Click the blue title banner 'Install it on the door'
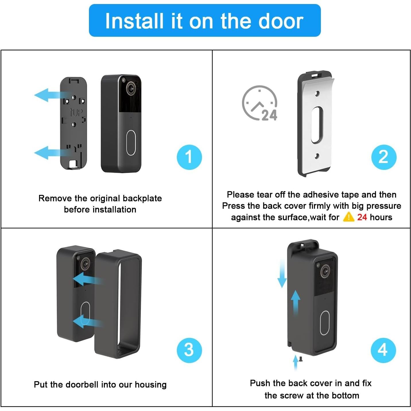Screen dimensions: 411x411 pyautogui.click(x=205, y=21)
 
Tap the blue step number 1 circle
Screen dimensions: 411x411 pyautogui.click(x=189, y=157)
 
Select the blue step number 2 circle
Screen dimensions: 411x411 pyautogui.click(x=383, y=157)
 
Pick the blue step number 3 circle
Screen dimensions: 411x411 pyautogui.click(x=189, y=350)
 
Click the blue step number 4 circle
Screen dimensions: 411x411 pyautogui.click(x=383, y=350)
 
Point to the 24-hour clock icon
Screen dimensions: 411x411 pyautogui.click(x=260, y=103)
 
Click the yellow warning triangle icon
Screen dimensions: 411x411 pyautogui.click(x=348, y=217)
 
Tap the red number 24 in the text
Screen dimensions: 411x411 pyautogui.click(x=362, y=217)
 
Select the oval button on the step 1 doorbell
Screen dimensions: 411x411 pyautogui.click(x=131, y=143)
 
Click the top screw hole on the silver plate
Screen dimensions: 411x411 pyautogui.click(x=317, y=94)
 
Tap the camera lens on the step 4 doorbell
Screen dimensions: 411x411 pyautogui.click(x=325, y=271)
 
